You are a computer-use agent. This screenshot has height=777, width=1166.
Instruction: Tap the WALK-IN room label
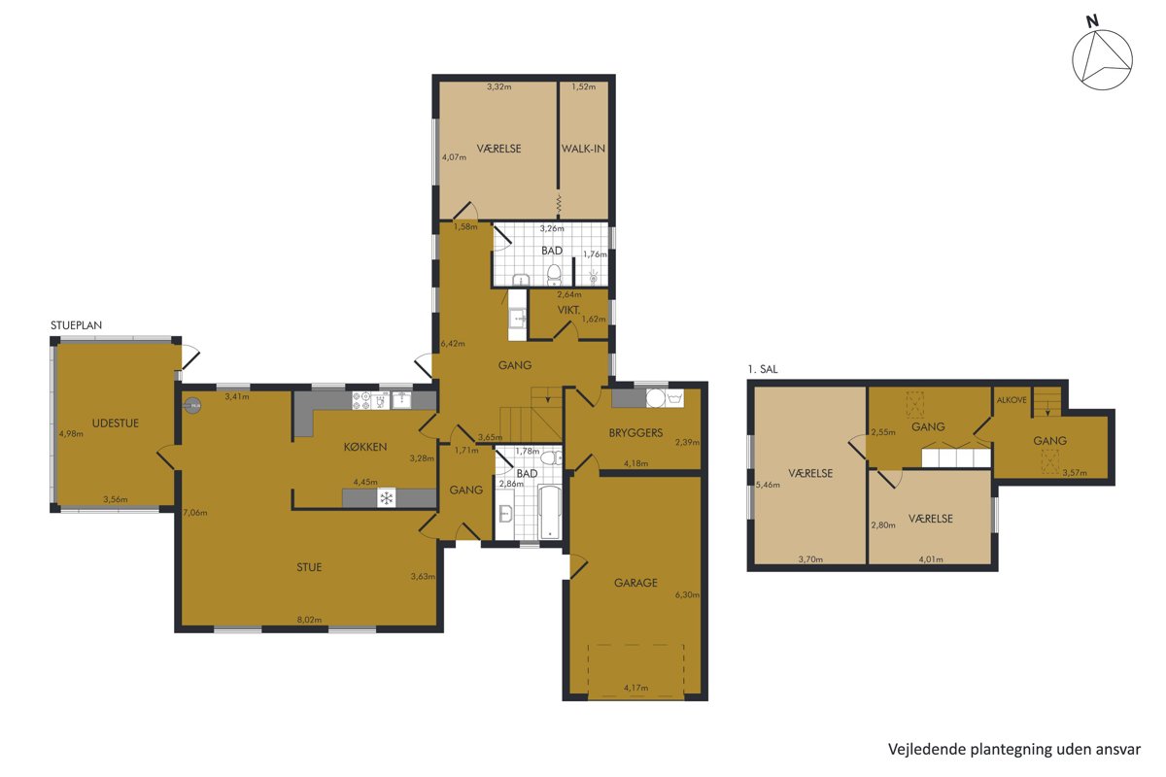(x=583, y=149)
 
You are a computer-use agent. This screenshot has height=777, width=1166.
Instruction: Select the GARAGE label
(x=635, y=583)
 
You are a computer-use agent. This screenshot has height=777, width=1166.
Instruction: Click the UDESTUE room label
(x=115, y=423)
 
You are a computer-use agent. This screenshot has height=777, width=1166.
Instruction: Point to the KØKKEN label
(x=365, y=447)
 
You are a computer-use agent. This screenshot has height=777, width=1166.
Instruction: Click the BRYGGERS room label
(x=635, y=432)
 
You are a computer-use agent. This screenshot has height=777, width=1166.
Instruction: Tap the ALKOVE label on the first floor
(x=1012, y=400)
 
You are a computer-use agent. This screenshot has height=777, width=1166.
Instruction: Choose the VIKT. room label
(x=568, y=310)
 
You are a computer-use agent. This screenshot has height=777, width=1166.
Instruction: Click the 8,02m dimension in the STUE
(x=309, y=620)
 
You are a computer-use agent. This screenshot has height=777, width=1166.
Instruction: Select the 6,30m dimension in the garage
(x=687, y=594)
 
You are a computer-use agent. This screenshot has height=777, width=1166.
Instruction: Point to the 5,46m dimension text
(x=768, y=485)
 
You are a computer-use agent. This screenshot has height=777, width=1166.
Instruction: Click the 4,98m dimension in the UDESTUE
(x=71, y=433)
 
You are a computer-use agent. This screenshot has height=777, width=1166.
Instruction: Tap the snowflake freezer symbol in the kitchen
(x=387, y=498)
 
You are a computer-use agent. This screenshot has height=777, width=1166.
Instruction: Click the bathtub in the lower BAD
(x=549, y=512)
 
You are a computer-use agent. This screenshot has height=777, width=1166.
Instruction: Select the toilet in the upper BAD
(x=555, y=275)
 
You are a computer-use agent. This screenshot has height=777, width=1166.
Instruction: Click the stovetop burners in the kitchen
(x=361, y=400)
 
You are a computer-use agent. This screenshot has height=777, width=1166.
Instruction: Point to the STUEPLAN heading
(x=76, y=325)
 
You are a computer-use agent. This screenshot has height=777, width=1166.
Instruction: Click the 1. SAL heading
(x=763, y=369)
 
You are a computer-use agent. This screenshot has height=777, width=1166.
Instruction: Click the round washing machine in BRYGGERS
(x=655, y=398)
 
